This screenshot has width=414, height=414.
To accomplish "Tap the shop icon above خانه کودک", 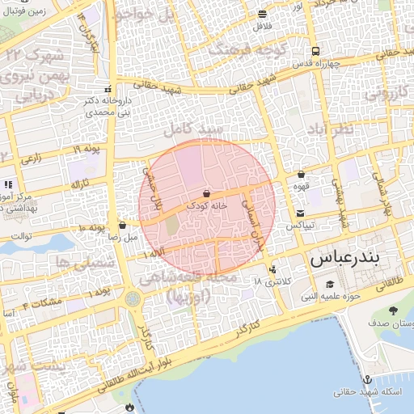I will click(208, 194).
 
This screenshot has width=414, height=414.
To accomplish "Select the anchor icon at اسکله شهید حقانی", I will click(368, 379).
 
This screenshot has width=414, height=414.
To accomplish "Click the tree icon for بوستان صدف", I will click(393, 310).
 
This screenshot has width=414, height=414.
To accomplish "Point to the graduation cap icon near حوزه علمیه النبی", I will click(330, 284).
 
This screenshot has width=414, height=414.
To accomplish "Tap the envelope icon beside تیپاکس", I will click(300, 213).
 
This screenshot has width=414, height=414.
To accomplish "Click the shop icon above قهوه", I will click(301, 174).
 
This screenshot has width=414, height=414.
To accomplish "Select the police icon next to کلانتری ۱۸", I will click(272, 270).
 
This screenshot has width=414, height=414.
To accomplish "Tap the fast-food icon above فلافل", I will click(262, 15).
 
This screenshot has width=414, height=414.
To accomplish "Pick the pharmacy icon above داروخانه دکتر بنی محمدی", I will click(108, 90).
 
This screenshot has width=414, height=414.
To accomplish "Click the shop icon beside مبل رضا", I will click(122, 226).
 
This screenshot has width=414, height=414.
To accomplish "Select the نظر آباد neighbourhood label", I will click(331, 130).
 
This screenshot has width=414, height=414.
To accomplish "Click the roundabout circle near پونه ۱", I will click(133, 299).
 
